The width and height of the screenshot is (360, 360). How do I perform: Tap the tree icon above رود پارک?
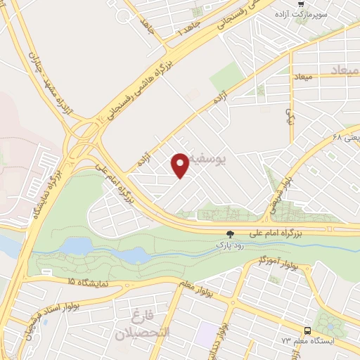coord(229,235)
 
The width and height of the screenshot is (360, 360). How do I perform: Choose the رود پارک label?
coord(229,245)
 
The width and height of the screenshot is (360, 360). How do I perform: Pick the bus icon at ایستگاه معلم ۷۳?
coord(307,330)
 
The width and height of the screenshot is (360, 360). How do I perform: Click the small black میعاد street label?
coord(302,75)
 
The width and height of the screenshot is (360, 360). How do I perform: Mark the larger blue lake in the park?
coord(77,246)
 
